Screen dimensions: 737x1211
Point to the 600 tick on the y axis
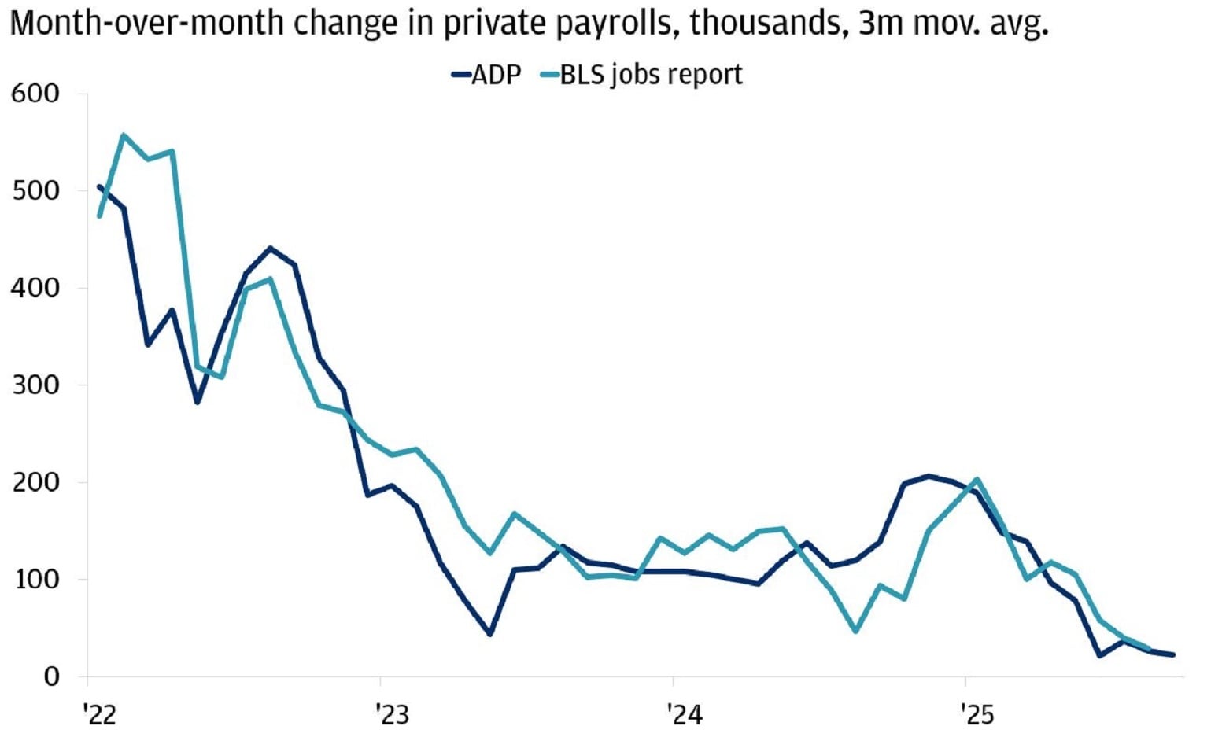(35, 94)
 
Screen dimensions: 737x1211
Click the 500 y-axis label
(35, 190)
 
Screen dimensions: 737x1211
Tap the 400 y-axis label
(35, 288)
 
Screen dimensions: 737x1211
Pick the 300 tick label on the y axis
(35, 385)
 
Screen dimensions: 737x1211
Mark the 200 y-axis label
(35, 482)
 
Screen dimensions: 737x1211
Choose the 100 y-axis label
(35, 579)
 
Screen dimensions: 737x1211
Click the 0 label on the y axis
(51, 676)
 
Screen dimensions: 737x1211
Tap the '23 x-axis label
(392, 714)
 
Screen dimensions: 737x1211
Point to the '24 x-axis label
(685, 714)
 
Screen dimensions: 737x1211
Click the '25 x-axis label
(977, 714)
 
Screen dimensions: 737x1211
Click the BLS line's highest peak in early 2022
(124, 135)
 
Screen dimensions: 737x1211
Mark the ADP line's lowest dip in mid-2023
(489, 633)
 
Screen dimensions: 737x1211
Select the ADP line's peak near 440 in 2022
(270, 249)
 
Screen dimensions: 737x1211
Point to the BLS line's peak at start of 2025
(977, 479)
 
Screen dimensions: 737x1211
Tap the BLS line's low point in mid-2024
(855, 631)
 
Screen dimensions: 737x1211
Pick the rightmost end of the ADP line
(1173, 654)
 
